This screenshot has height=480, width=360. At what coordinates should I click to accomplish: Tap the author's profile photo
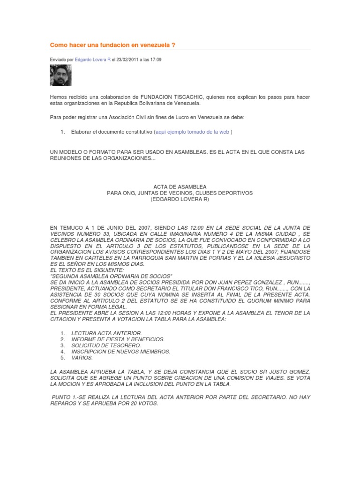[60, 75]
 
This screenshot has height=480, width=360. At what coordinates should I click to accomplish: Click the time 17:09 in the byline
[155, 60]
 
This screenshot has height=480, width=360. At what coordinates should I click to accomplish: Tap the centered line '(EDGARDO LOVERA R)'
[180, 199]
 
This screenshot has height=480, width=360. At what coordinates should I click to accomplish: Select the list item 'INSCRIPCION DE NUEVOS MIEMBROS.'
[120, 351]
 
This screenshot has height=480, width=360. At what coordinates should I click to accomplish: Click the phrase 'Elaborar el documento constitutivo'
[112, 132]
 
